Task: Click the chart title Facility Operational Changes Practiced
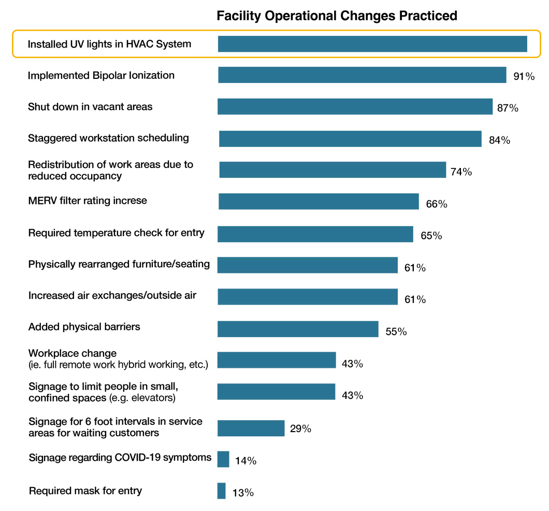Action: [x=337, y=16]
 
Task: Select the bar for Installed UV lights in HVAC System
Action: [x=372, y=44]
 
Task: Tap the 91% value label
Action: [x=524, y=77]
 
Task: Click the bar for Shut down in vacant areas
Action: [x=355, y=107]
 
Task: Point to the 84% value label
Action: [x=499, y=140]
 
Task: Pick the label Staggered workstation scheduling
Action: [x=108, y=138]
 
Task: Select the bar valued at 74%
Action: [x=333, y=170]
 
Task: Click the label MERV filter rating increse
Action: [x=88, y=200]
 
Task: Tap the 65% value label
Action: [x=431, y=236]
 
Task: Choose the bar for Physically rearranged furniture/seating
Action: [x=307, y=265]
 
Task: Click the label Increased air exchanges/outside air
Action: [x=112, y=296]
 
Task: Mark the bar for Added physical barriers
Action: [x=298, y=329]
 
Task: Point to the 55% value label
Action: [x=396, y=332]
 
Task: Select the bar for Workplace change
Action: [x=277, y=360]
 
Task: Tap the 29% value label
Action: [x=300, y=429]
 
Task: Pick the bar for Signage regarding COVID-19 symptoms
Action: [x=223, y=459]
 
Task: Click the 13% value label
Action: [x=243, y=493]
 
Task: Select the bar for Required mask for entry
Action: [x=222, y=491]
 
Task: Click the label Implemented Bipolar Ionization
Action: [x=101, y=75]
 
